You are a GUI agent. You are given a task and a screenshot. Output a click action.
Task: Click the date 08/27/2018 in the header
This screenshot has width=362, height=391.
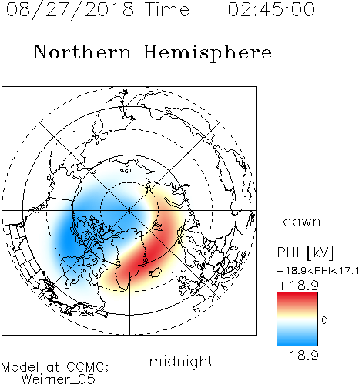pos(70,10)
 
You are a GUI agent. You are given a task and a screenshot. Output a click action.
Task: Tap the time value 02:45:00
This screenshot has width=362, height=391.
pos(271,9)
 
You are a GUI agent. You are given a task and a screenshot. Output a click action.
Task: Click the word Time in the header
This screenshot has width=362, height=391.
pos(167,9)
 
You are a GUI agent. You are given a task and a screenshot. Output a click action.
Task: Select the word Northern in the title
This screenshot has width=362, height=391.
pos(82,52)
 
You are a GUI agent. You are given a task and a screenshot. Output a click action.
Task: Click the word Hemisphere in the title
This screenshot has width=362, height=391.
pos(207,53)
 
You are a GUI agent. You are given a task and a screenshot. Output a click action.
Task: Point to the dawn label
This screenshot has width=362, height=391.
pos(302,221)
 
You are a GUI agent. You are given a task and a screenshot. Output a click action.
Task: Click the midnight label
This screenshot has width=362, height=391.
pos(181,362)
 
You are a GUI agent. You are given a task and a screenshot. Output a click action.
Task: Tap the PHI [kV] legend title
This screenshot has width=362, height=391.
pos(305,252)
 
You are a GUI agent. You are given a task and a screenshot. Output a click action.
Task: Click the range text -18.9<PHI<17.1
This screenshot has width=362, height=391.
pos(318,271)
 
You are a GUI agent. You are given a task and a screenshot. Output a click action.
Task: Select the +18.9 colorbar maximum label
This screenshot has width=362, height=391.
pos(298,286)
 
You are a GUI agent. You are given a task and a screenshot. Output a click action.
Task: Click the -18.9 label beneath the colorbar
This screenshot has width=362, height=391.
pos(298,356)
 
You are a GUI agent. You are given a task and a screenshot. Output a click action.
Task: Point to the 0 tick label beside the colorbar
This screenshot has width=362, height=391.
pos(324,320)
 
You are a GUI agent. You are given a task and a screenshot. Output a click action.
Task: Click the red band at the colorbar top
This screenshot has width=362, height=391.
pos(297,298)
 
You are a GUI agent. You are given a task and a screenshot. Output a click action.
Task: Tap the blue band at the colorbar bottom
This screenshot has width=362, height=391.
pos(297,340)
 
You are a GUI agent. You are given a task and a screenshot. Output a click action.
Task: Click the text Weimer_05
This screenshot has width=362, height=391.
pos(59,379)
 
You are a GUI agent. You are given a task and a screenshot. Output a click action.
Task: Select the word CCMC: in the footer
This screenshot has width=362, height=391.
pos(88,367)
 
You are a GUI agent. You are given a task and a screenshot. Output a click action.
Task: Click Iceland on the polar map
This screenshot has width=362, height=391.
pos(156,272)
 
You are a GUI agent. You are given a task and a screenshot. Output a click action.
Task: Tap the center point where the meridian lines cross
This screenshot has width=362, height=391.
pos(129,211)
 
